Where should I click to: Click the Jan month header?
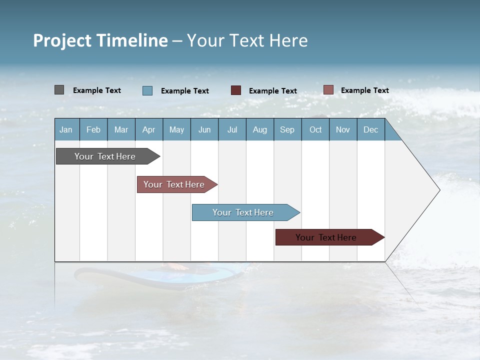tap(66, 129)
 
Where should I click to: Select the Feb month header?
tap(93, 129)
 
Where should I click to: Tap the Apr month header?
tap(149, 129)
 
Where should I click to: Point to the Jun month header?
tap(204, 129)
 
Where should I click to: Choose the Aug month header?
tap(260, 129)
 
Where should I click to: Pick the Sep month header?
tap(287, 129)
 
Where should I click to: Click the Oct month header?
tap(315, 129)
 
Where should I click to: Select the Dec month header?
tap(371, 129)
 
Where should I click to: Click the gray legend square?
tap(59, 90)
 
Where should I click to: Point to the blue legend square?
tap(147, 90)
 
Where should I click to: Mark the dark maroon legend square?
tap(236, 90)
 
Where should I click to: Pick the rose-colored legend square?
tap(328, 90)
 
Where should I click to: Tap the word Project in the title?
tap(62, 40)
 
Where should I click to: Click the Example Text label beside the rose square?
tap(364, 90)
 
